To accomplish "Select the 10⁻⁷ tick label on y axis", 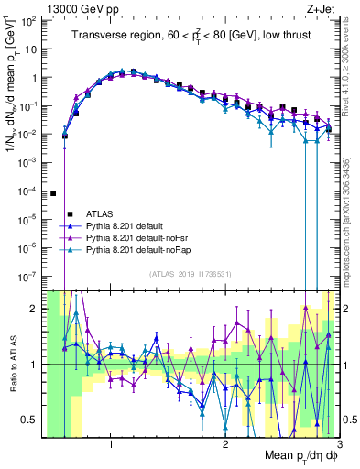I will coord(30,275).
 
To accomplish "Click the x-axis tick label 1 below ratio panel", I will coord(111,443).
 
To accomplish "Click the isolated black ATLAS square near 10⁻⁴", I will coord(53,193).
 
